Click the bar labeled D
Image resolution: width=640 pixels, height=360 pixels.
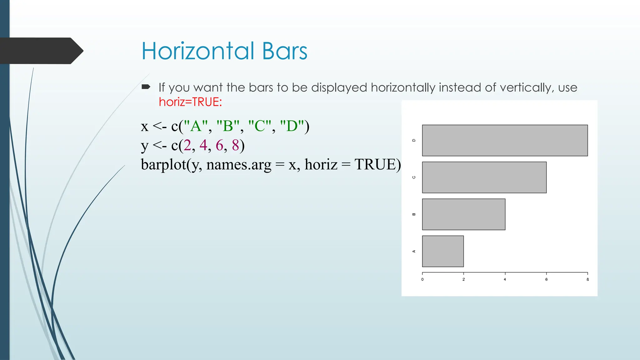pos(505,140)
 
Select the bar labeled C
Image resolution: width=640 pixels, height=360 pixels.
pos(484,177)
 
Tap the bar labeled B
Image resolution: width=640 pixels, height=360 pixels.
pos(463,214)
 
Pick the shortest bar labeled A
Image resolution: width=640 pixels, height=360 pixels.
pos(443,251)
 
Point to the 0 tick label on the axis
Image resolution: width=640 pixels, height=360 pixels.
pos(422,279)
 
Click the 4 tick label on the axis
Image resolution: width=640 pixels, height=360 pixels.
pos(505,279)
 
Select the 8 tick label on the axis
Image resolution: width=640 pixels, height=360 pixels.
pos(587,279)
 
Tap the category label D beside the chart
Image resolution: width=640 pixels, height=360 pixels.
pos(414,140)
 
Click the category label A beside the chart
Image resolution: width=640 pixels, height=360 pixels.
pos(414,251)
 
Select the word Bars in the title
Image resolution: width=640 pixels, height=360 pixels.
pos(285,51)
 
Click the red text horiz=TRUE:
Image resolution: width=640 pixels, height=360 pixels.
pos(190,102)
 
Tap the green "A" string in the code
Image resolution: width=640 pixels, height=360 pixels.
pos(196,126)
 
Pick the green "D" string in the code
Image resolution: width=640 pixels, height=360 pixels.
pos(292,126)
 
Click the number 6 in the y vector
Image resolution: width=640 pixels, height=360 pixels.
pos(219,145)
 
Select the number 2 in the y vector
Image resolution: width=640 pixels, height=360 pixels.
pos(187,145)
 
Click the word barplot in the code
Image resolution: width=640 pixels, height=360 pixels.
pos(163,165)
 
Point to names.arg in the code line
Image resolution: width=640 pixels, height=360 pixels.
pos(239,165)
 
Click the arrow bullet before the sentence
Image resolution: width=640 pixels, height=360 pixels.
pos(146,87)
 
